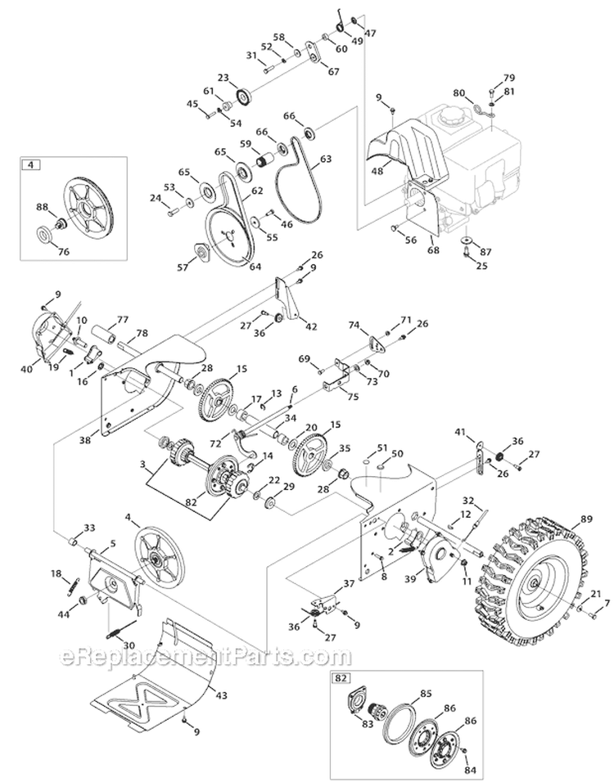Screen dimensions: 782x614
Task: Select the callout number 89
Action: click(x=586, y=519)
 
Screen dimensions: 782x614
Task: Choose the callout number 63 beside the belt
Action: click(x=326, y=160)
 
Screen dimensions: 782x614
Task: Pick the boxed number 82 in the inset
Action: click(x=339, y=679)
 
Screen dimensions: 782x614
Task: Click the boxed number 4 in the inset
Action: click(x=31, y=165)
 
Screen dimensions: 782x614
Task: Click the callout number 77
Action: click(x=123, y=320)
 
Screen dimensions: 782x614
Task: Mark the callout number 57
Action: click(x=183, y=266)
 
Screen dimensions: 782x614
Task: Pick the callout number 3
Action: click(x=144, y=464)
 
